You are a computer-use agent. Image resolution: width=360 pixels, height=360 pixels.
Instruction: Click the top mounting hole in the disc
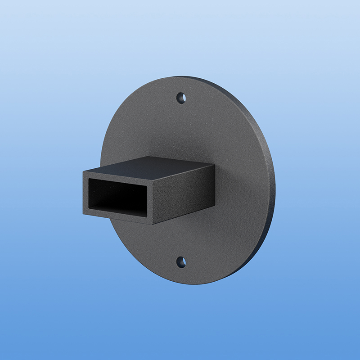click(x=181, y=98)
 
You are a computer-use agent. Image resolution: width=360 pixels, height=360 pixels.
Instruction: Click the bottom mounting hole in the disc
click(x=181, y=261)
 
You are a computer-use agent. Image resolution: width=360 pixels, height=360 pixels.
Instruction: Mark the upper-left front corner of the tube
click(x=84, y=171)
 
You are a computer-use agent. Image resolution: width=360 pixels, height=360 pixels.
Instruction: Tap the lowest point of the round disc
click(x=191, y=284)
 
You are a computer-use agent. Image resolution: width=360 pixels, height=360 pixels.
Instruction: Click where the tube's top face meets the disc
click(x=180, y=160)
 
